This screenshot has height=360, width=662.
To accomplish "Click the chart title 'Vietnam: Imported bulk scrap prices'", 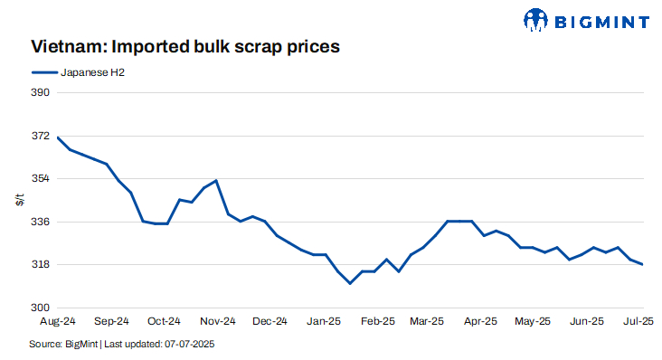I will (185, 44).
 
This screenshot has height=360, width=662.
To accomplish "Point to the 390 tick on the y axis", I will (41, 93).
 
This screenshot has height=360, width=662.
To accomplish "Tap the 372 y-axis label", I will (41, 137).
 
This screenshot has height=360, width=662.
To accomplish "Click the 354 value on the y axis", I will (41, 179).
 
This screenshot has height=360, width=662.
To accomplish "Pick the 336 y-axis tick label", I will (41, 222).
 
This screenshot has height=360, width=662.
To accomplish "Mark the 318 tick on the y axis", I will (41, 265).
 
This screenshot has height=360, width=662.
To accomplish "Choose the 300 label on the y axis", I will (41, 308).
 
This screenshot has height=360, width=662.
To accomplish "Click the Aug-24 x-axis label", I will (58, 321).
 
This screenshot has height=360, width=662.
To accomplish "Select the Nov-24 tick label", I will (217, 321).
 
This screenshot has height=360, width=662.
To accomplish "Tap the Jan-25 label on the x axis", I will (323, 321).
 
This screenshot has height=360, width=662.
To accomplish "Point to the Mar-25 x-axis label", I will (427, 321).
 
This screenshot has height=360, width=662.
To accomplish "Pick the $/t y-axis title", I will (19, 200).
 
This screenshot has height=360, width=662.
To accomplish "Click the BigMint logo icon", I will (536, 20).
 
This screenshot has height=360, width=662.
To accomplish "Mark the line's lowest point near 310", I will (350, 283).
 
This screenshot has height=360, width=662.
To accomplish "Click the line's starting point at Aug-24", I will (58, 137).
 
